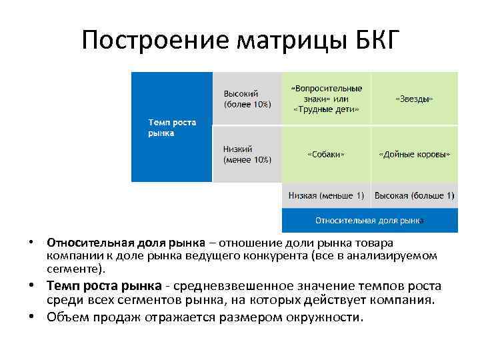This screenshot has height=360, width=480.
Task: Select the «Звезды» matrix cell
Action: (414, 99)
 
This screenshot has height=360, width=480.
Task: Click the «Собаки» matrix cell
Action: (326, 154)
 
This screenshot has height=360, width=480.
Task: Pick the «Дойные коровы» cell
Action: (414, 154)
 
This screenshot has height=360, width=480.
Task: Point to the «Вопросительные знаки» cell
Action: (326, 99)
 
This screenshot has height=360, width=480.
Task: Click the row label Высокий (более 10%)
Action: (247, 99)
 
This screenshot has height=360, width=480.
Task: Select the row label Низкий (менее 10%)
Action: (247, 154)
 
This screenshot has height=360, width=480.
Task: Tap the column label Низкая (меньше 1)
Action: (326, 195)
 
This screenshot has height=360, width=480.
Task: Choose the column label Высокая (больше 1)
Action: (414, 195)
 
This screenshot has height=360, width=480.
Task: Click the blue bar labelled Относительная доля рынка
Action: (370, 219)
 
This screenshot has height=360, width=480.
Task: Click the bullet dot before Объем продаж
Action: (33, 316)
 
